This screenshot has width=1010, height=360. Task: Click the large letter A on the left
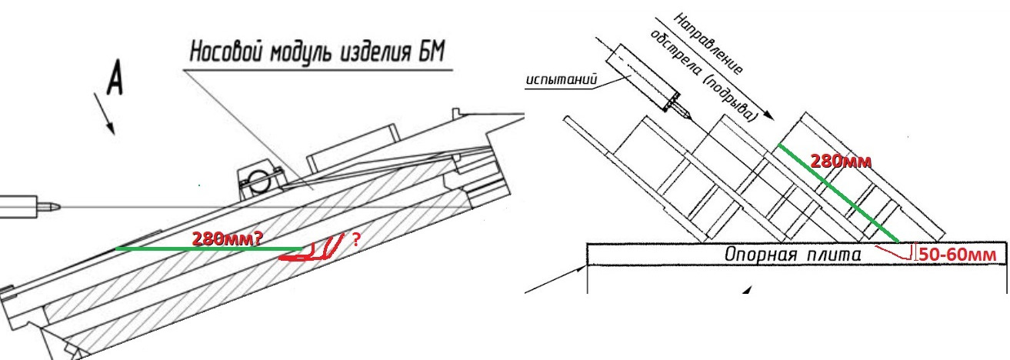click(115, 77)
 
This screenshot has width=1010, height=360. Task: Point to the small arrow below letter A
click(104, 114)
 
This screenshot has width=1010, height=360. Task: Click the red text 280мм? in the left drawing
click(227, 238)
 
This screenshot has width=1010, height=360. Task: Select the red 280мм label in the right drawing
click(841, 161)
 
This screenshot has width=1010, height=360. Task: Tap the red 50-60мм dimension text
click(957, 255)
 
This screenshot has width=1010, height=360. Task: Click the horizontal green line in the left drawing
click(208, 248)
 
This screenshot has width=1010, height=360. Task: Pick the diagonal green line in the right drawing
click(838, 193)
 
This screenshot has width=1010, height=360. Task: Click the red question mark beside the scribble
click(356, 239)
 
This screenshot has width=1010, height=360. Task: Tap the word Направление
click(708, 43)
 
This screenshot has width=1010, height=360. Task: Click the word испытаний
click(562, 79)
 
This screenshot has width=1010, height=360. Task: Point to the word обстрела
click(674, 53)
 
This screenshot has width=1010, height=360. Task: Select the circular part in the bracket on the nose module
click(258, 177)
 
